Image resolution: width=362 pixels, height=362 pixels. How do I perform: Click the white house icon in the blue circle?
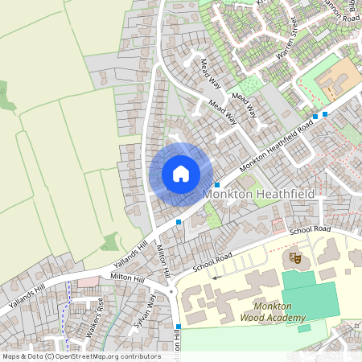[181, 173]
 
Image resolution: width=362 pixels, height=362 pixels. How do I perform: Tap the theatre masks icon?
[295, 258]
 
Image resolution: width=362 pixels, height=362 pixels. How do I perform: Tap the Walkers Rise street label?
[94, 317]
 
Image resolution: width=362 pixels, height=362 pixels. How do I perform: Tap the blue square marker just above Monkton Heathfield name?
[217, 185]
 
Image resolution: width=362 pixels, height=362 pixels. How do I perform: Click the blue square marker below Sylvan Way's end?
[178, 326]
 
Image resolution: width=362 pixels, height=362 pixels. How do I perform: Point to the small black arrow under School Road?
[215, 277]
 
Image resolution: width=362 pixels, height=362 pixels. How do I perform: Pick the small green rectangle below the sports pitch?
[302, 327]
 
